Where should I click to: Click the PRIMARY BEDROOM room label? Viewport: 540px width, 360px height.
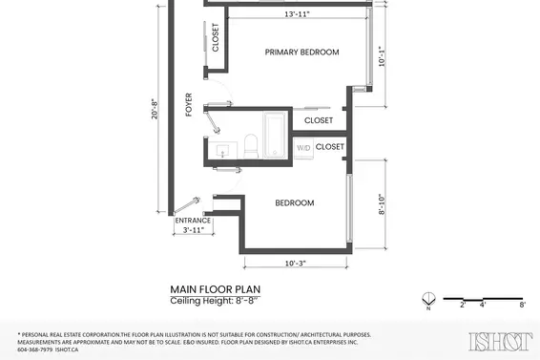(301, 53)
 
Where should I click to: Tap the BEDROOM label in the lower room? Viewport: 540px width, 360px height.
(295, 202)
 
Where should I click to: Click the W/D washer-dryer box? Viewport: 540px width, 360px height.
(303, 148)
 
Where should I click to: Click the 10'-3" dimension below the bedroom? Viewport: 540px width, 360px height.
(295, 263)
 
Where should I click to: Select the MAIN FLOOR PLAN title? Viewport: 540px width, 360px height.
(215, 288)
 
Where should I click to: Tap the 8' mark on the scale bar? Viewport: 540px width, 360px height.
(522, 305)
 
